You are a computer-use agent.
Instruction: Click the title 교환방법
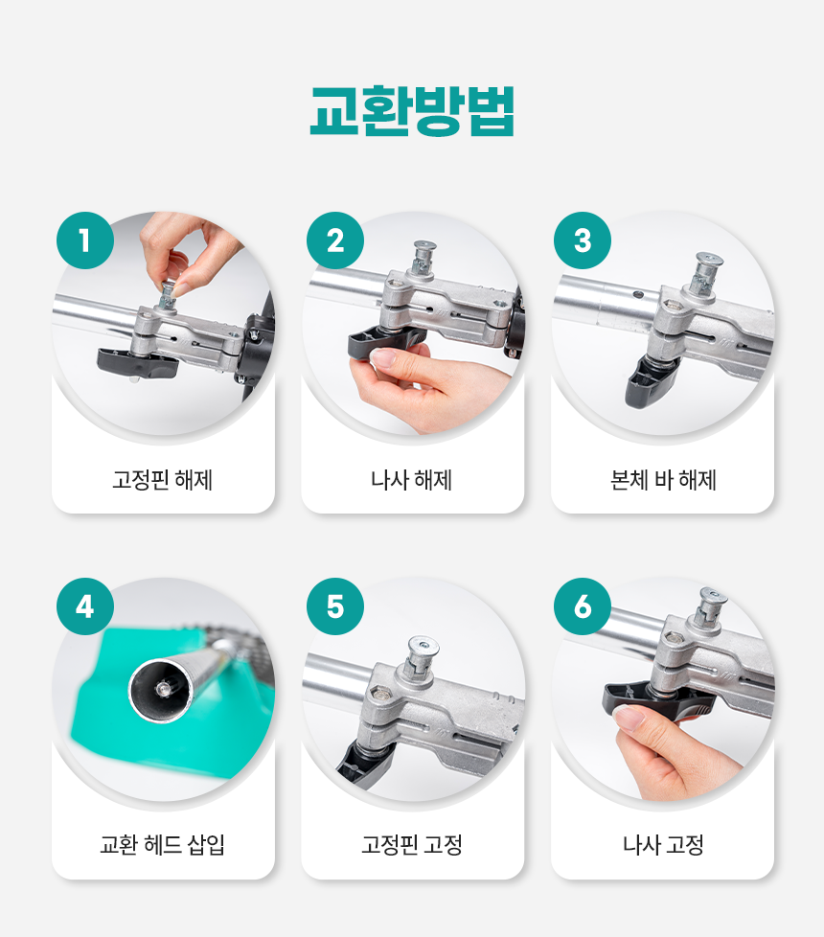(x=412, y=111)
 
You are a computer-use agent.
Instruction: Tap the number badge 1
(x=85, y=240)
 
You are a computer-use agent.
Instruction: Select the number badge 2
(x=335, y=240)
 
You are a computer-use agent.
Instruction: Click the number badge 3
(x=583, y=240)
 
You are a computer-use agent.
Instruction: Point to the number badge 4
(x=85, y=606)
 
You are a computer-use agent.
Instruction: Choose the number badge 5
(x=335, y=606)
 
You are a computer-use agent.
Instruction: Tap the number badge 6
(x=583, y=606)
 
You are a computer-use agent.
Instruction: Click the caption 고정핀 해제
(x=163, y=480)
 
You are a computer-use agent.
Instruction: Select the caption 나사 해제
(x=412, y=480)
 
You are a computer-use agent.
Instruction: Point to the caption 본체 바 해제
(x=663, y=480)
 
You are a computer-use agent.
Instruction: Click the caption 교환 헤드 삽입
(x=163, y=845)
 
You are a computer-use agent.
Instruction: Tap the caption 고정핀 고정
(x=412, y=845)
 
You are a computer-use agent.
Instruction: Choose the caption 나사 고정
(x=663, y=845)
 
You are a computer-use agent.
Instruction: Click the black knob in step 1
(x=137, y=364)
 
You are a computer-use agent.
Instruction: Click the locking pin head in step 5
(x=423, y=647)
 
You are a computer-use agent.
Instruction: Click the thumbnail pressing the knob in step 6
(x=629, y=717)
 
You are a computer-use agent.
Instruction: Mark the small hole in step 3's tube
(x=638, y=294)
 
